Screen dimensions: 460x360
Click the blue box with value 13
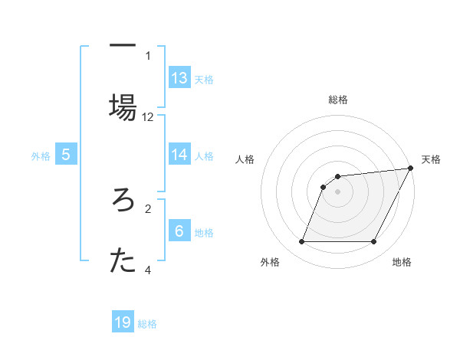[179, 77]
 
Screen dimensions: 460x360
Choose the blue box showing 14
[179, 154]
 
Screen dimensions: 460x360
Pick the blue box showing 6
[179, 230]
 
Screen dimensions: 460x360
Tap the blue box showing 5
[66, 155]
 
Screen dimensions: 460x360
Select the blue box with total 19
[123, 322]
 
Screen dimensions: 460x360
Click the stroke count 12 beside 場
[148, 117]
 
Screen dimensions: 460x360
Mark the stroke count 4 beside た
[148, 270]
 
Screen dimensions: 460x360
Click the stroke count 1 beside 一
[148, 55]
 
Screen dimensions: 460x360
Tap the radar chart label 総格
[338, 100]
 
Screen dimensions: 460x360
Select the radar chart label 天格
[431, 159]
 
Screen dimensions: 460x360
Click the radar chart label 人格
[245, 159]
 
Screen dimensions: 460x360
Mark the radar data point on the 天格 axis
[412, 169]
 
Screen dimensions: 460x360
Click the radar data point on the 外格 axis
[301, 242]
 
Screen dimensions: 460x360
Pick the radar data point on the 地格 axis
[374, 242]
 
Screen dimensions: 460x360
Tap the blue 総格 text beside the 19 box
[147, 324]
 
